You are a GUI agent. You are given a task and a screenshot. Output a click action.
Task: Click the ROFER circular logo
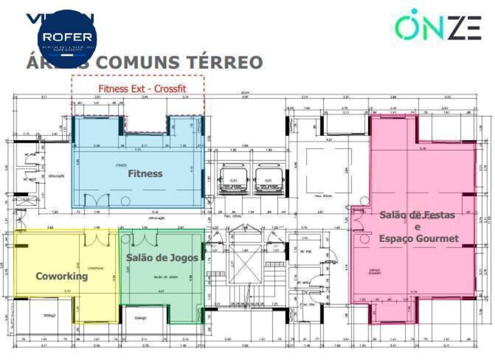coord(67,39)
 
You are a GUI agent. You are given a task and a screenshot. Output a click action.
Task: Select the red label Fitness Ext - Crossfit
coord(142,89)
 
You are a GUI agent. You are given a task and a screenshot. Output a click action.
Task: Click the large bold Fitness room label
coord(145,174)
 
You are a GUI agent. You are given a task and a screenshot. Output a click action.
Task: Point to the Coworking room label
coord(61,276)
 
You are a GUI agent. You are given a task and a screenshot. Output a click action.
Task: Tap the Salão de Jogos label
coord(162,257)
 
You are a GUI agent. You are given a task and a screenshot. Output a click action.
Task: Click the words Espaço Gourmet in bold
coord(419,239)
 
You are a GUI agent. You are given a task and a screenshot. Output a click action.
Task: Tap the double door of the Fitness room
coord(97,201)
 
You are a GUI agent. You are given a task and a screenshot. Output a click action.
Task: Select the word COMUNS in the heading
coord(140,63)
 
